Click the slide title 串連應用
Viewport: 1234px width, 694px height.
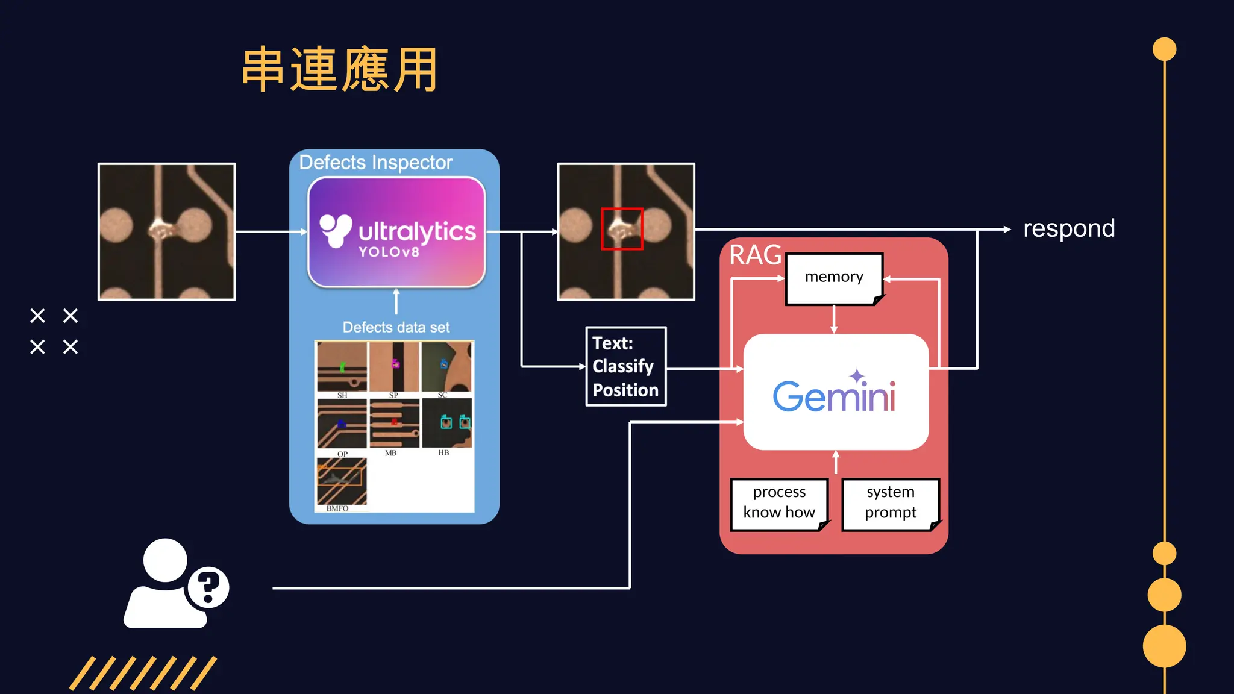point(340,70)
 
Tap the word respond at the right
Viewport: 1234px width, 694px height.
point(1068,229)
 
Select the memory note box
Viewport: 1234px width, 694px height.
point(834,278)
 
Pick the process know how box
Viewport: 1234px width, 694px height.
point(778,503)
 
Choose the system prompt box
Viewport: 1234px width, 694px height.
point(890,503)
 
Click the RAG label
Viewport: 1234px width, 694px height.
point(754,255)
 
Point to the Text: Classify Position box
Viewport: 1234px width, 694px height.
point(625,366)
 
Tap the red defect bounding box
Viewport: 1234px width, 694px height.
point(622,229)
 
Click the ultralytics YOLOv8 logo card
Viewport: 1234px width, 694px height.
point(396,232)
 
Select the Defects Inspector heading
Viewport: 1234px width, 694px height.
point(375,163)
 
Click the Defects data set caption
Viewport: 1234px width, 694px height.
point(396,327)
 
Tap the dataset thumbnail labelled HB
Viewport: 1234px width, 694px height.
point(446,423)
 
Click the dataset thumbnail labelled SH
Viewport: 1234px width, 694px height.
point(342,366)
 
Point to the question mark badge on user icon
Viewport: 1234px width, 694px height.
point(208,587)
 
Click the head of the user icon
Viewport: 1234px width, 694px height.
point(164,560)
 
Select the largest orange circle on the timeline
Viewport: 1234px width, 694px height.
point(1164,646)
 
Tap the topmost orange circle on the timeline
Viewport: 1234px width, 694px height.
point(1164,49)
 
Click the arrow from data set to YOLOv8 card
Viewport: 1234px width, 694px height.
point(396,301)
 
